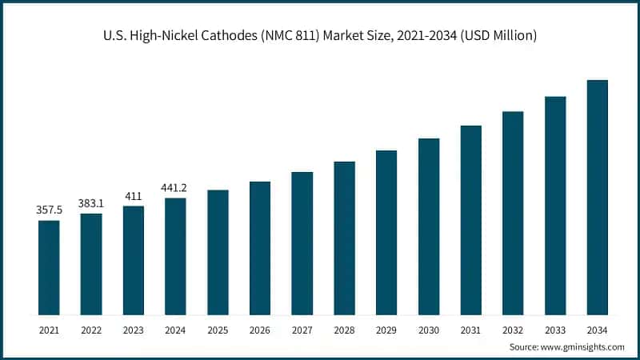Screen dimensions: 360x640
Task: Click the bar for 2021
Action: pos(49,267)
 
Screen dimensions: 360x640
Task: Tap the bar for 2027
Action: pos(302,243)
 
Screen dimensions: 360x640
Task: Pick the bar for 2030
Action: pos(429,226)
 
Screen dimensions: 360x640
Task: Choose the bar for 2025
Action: pos(218,252)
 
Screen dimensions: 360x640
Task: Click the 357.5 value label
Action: pos(49,210)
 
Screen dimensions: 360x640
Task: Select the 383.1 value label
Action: pos(91,203)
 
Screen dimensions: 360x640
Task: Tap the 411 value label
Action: pos(134,195)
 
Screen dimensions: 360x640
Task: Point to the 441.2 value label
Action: pos(175,187)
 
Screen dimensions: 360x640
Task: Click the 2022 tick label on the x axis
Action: pos(91,329)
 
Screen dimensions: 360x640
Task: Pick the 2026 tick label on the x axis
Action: pos(260,329)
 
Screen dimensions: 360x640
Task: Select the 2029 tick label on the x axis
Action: pos(386,329)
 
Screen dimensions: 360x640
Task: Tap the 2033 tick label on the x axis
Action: pos(555,329)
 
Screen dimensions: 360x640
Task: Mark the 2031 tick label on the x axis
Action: pos(471,329)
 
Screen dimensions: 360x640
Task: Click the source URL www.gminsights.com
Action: pos(584,347)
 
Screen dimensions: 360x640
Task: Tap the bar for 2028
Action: pos(344,238)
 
